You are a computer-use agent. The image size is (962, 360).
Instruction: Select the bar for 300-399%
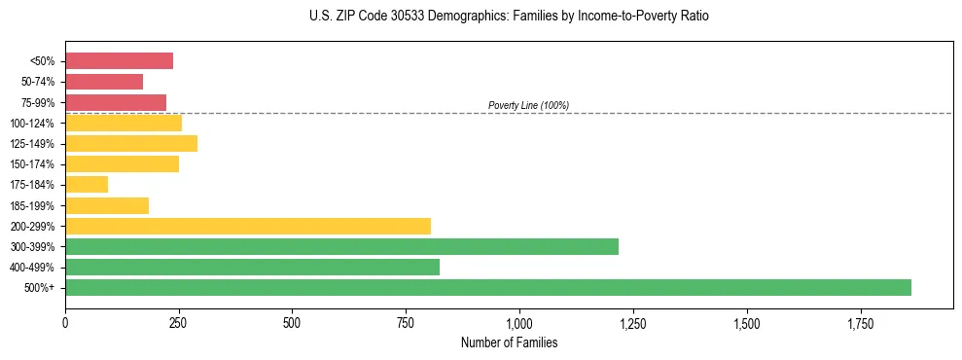(341, 246)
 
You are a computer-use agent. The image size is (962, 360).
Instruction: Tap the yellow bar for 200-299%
(248, 226)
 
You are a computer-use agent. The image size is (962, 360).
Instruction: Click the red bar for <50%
(119, 60)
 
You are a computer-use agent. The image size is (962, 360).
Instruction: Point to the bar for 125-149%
(131, 143)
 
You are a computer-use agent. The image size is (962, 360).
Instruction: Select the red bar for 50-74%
(104, 82)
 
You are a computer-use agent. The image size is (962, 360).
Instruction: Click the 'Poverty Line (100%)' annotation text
(528, 105)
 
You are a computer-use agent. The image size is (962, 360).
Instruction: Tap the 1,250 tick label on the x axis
(633, 322)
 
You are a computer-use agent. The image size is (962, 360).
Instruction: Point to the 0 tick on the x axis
(65, 322)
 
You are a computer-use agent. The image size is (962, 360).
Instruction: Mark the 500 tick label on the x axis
(292, 322)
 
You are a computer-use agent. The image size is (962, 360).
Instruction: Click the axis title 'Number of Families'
(509, 342)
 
